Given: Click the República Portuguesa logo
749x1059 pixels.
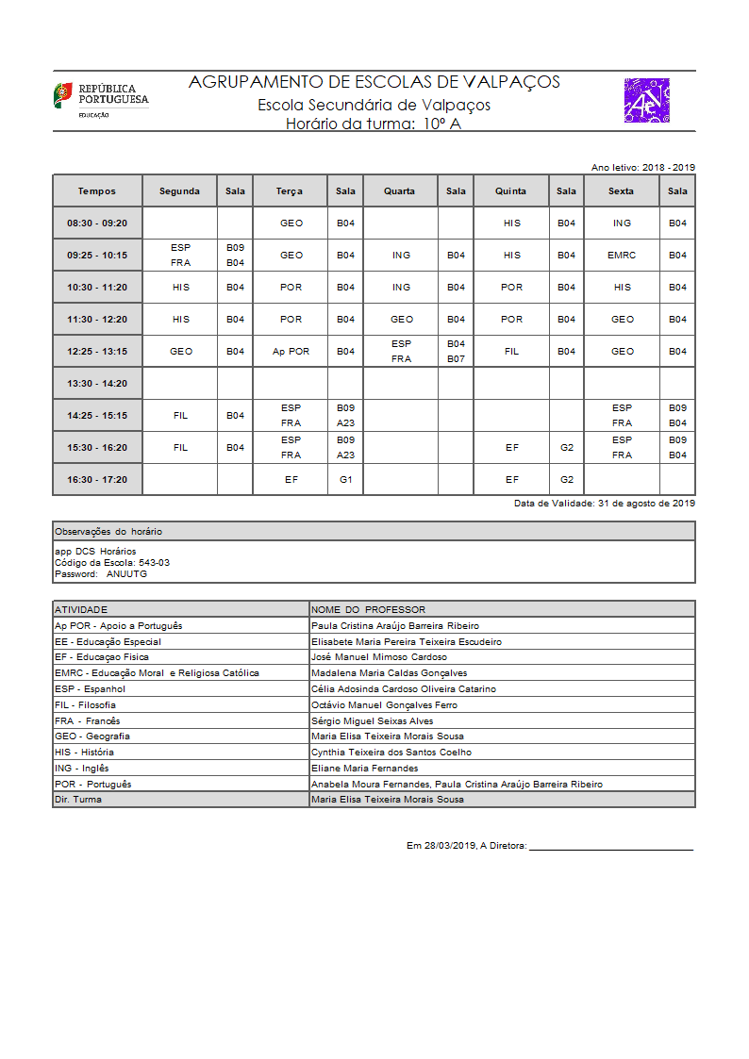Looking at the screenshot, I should pos(100,100).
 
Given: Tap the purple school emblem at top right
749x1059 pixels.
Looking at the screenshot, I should pos(647,101).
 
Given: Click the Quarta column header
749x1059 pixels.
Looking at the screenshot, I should pos(399,191).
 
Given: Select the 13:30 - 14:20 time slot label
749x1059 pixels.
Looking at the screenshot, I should pos(97,384).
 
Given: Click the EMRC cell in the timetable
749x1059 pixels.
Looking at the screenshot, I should pos(622,256).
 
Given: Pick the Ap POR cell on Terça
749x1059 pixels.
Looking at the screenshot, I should pos(291,352).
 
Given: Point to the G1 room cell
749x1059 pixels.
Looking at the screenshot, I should pos(345,480).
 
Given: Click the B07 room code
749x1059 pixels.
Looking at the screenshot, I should pos(456,359).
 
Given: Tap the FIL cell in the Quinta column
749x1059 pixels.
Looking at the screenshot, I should pos(511,352).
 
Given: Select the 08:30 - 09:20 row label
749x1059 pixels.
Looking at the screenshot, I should pos(97,223).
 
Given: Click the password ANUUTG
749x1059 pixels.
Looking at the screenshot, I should pos(126,573).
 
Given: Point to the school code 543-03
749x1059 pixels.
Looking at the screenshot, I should pos(154,562).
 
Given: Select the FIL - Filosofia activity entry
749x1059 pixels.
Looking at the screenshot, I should pos(86,705).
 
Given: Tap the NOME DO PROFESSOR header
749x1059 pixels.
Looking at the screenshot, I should pos(368,609).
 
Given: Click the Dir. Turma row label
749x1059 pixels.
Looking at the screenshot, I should pos(78,800).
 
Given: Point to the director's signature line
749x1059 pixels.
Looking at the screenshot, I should pos(610,849).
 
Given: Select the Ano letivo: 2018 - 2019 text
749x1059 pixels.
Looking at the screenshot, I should pos(642,167).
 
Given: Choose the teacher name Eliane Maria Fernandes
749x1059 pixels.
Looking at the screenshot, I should pos(364,769).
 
